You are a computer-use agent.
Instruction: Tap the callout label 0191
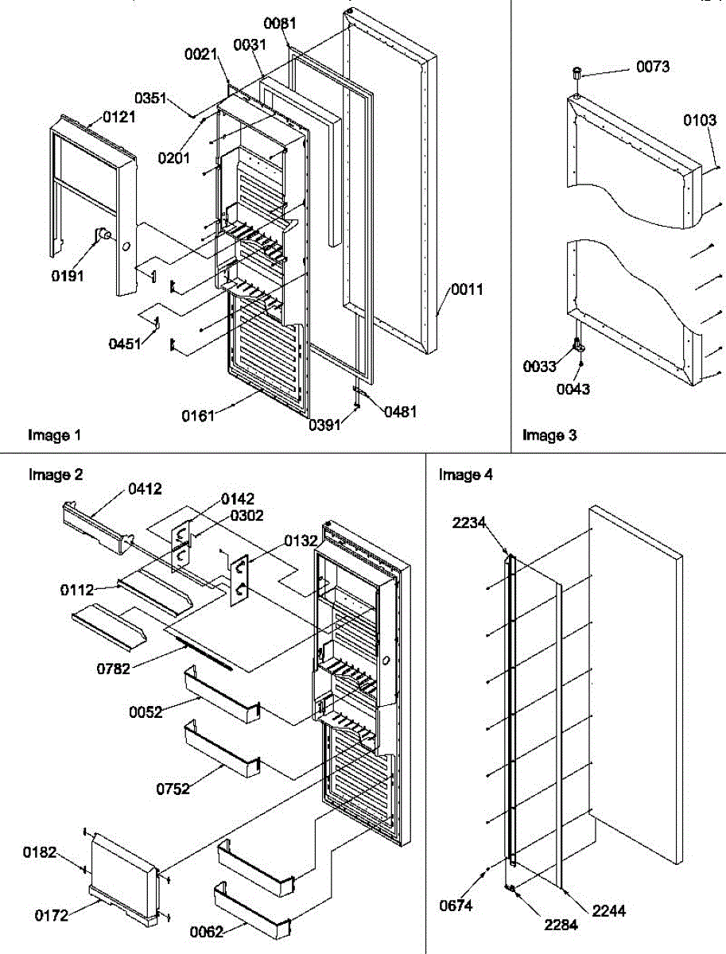[x=68, y=277]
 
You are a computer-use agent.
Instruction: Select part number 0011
[x=468, y=289]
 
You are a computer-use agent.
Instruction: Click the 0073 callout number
[x=652, y=67]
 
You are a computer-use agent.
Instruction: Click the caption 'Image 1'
[x=55, y=435]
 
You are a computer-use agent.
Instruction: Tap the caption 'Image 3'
[x=549, y=435]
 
